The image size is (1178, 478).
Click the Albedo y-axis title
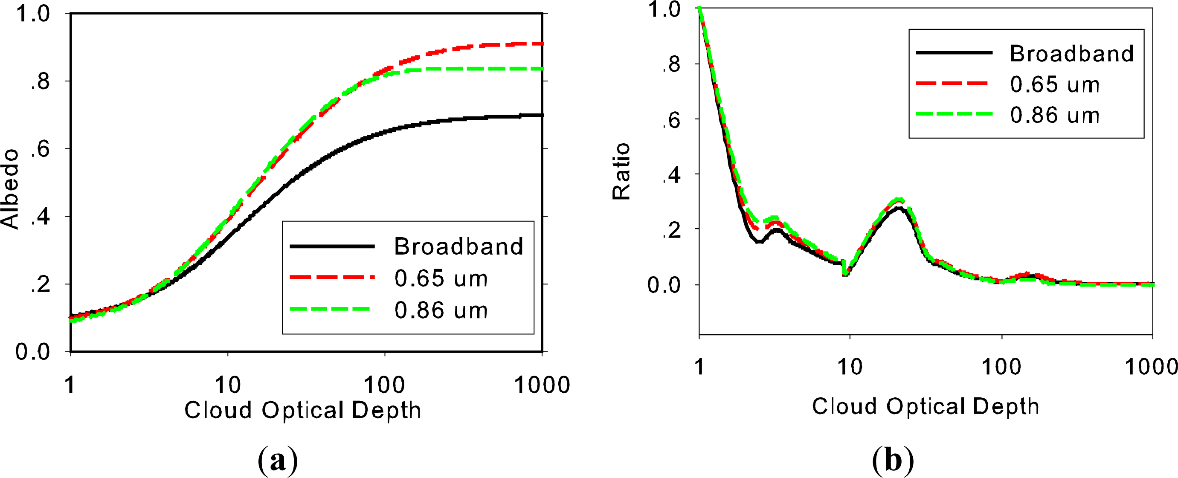[10, 189]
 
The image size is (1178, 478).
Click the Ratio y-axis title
[621, 171]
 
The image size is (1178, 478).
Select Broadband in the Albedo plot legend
[458, 246]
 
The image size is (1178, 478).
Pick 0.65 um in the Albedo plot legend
[441, 278]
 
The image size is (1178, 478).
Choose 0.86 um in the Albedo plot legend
[441, 310]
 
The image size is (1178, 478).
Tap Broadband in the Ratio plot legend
[1071, 53]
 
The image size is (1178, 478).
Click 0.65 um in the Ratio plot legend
[1055, 84]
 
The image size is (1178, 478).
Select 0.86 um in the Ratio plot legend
[1055, 115]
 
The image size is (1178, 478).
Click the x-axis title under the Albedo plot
[302, 410]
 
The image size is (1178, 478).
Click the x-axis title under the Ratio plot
[926, 406]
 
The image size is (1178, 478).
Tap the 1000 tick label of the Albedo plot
[542, 385]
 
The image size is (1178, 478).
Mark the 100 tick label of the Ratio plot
[1001, 367]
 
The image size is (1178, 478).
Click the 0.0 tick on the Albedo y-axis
[32, 352]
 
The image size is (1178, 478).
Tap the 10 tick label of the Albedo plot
[228, 385]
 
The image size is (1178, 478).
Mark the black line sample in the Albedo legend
[332, 246]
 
